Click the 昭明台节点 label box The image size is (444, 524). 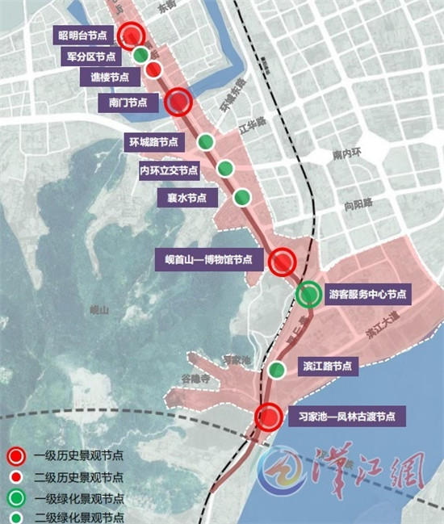pos(81,36)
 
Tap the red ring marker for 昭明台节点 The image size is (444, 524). pos(132,36)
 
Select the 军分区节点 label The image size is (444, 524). pos(90,57)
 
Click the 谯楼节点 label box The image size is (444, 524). pos(106,78)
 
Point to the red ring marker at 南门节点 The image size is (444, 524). pos(178,102)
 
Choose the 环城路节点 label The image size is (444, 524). pos(153,141)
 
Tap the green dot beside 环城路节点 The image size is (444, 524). pos(206,142)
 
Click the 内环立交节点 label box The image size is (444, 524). pos(169,170)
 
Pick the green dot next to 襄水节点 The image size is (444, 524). pos(241,197)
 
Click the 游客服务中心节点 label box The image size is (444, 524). pos(368,294)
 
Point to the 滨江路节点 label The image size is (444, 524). pos(326,367)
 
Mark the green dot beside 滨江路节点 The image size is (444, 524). pos(276,371)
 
